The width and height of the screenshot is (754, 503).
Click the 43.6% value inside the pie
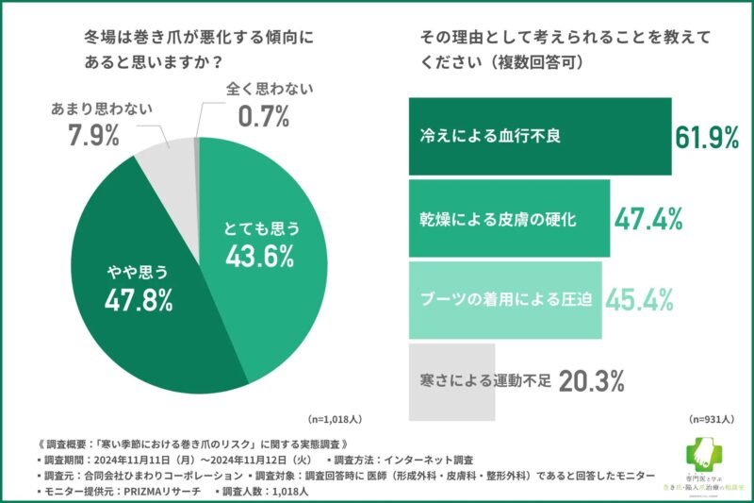click(259, 255)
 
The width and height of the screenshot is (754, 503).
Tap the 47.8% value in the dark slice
click(139, 301)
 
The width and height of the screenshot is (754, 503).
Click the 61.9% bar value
click(706, 138)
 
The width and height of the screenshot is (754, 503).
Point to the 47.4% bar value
click(648, 219)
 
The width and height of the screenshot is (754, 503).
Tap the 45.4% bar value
click(639, 300)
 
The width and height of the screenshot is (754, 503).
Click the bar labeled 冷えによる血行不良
click(539, 137)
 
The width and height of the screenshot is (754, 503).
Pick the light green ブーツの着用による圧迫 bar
click(504, 300)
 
